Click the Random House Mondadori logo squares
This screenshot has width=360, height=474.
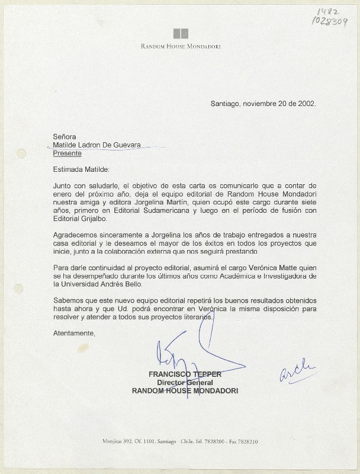(x=181, y=34)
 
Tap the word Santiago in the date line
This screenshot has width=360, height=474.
(x=224, y=103)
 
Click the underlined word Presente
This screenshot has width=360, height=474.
(x=67, y=153)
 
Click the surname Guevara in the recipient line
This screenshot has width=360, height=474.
(x=127, y=145)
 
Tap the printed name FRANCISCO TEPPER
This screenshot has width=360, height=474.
(x=185, y=374)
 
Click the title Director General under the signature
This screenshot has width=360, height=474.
(x=185, y=383)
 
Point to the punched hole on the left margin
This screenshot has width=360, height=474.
(x=21, y=154)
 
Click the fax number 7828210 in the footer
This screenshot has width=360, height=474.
(x=246, y=442)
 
